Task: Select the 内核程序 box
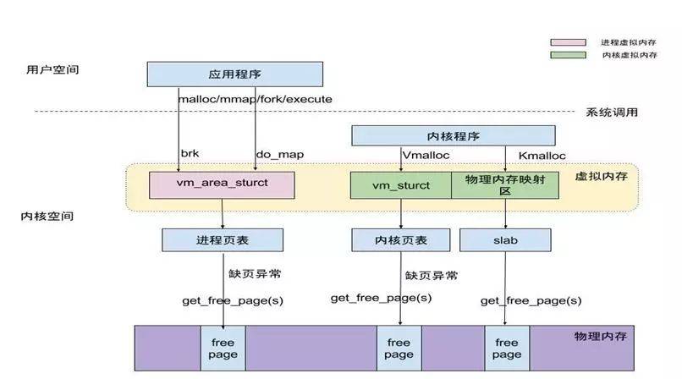453,135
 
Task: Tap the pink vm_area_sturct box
222,185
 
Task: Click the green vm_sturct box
401,185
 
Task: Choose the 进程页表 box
222,240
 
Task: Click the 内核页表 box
401,240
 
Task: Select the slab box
505,240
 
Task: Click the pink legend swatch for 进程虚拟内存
568,41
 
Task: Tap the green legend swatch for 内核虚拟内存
568,55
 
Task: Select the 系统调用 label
611,113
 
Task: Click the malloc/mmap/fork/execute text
255,99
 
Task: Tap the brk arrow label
189,155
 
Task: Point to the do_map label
279,155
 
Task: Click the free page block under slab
506,348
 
